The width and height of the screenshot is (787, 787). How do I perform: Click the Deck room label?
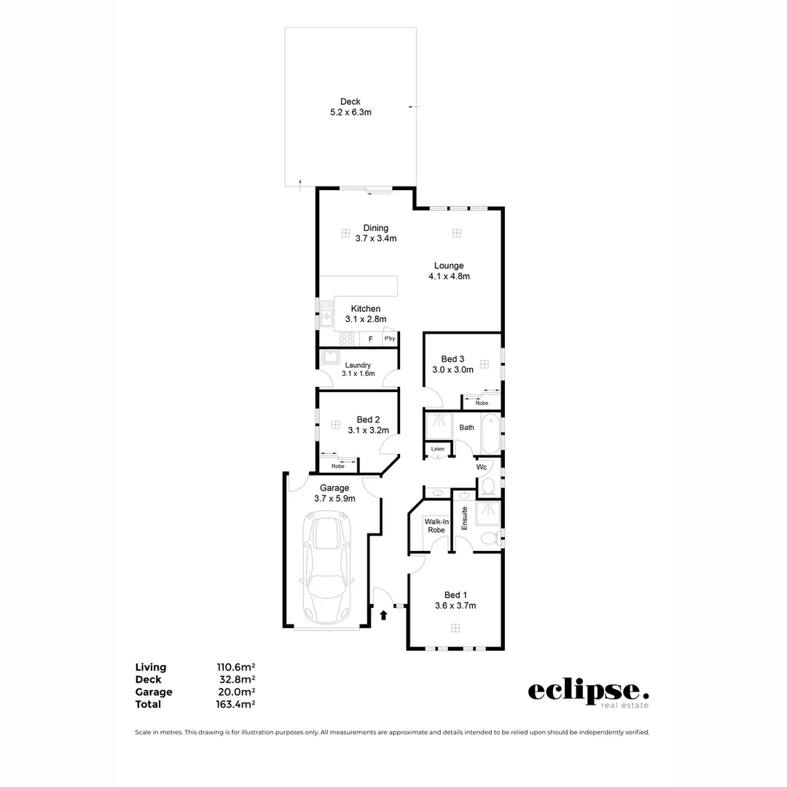(x=350, y=102)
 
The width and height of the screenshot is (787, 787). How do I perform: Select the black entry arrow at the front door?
(x=383, y=615)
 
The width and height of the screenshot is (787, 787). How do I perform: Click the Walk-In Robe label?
(x=436, y=525)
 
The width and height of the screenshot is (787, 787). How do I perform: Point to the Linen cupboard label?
(x=437, y=449)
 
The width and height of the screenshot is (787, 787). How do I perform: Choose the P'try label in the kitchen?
(x=390, y=339)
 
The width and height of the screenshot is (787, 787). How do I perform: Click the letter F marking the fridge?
(x=370, y=339)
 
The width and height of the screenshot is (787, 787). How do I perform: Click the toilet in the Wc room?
(x=488, y=485)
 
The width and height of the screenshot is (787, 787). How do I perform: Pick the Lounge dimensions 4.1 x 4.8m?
(x=449, y=276)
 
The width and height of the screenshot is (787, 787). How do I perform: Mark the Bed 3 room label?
(x=453, y=359)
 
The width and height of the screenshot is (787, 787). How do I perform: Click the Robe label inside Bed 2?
(x=337, y=466)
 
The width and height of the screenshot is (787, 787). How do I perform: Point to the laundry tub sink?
(x=330, y=356)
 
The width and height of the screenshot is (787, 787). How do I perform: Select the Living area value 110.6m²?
(x=235, y=667)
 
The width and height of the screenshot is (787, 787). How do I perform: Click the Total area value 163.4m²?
(x=235, y=704)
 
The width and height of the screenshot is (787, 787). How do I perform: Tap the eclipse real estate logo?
(x=588, y=692)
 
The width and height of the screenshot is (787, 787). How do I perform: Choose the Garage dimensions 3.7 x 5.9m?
(x=334, y=498)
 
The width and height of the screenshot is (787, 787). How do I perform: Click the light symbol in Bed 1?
(x=455, y=628)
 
